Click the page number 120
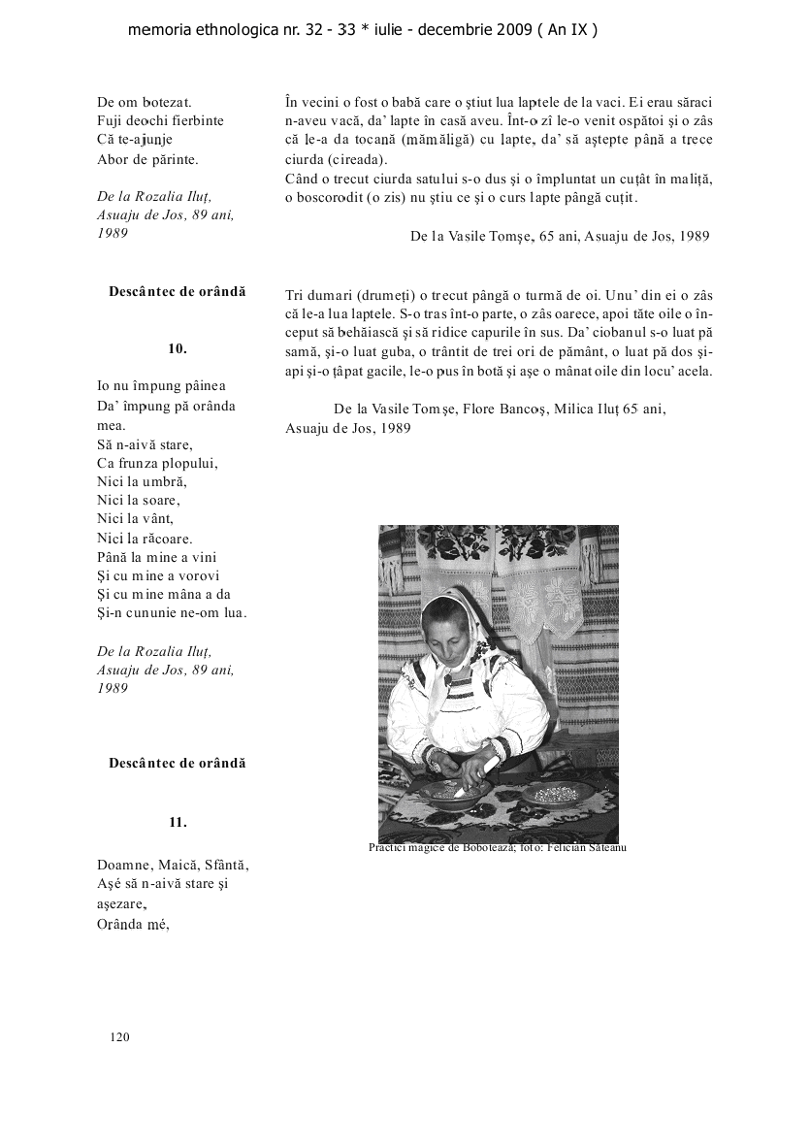pyautogui.click(x=119, y=1037)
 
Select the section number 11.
pyautogui.click(x=178, y=822)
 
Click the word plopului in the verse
pyautogui.click(x=188, y=463)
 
